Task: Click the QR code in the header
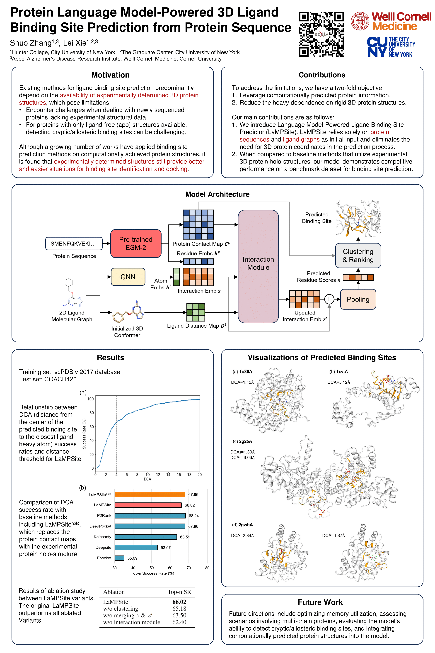[321, 34]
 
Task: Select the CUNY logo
[391, 47]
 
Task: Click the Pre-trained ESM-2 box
[136, 243]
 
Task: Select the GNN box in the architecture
[128, 277]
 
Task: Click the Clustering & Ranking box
[358, 256]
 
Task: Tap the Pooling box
[358, 299]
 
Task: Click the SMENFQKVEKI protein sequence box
[74, 244]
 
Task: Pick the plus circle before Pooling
[329, 299]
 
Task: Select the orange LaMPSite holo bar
[150, 495]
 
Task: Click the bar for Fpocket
[119, 558]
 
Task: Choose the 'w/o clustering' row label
[120, 609]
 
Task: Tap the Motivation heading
[110, 75]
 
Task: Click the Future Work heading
[320, 602]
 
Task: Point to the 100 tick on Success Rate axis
[90, 399]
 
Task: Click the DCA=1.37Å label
[333, 535]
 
